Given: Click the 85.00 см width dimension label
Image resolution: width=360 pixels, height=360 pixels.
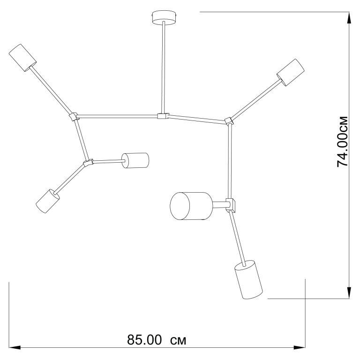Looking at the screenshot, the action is point(157,340).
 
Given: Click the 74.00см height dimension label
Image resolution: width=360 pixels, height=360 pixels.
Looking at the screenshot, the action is point(342,142).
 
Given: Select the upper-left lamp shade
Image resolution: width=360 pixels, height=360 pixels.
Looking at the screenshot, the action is point(22,58).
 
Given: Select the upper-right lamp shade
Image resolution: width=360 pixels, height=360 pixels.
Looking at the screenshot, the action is point(291,73).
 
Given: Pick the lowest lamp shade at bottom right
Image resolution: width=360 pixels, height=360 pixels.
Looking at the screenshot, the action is point(248,280).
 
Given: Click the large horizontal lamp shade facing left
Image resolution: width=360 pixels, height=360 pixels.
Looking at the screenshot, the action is point(191,206).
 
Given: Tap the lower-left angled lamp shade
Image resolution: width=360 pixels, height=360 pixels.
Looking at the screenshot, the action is point(48,201).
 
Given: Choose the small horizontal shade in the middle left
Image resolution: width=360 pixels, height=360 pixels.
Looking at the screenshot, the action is point(135,160).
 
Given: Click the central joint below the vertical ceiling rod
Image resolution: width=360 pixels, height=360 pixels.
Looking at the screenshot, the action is point(163,116).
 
